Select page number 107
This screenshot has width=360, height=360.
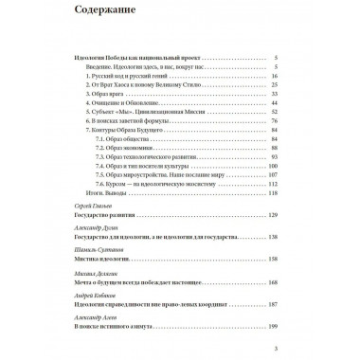[272, 187]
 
